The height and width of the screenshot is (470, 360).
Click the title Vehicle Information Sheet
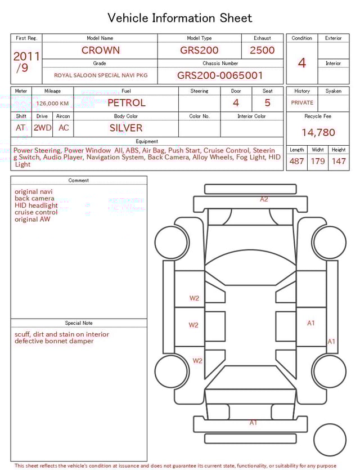click(180, 18)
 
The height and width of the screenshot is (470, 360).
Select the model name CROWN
click(100, 50)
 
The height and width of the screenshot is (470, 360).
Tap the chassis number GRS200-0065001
click(220, 75)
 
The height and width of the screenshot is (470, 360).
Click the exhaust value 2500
click(262, 50)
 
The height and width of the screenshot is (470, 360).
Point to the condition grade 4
click(302, 63)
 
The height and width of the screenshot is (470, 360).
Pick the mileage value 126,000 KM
click(52, 104)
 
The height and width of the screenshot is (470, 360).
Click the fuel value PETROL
click(126, 103)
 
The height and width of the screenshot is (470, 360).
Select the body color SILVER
click(126, 128)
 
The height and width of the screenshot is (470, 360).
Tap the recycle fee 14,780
click(318, 133)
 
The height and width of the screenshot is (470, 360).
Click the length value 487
click(296, 162)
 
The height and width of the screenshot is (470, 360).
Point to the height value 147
click(339, 162)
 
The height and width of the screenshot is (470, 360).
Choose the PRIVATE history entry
click(302, 103)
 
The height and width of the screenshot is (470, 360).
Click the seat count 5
click(267, 103)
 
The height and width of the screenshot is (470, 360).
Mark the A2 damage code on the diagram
click(264, 199)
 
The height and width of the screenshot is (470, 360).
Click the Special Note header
click(79, 323)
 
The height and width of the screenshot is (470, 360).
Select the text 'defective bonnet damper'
click(54, 341)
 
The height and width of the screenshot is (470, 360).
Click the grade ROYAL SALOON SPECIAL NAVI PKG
click(101, 75)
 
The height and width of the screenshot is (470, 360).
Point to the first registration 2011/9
click(26, 62)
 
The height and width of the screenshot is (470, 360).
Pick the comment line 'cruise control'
click(36, 212)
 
